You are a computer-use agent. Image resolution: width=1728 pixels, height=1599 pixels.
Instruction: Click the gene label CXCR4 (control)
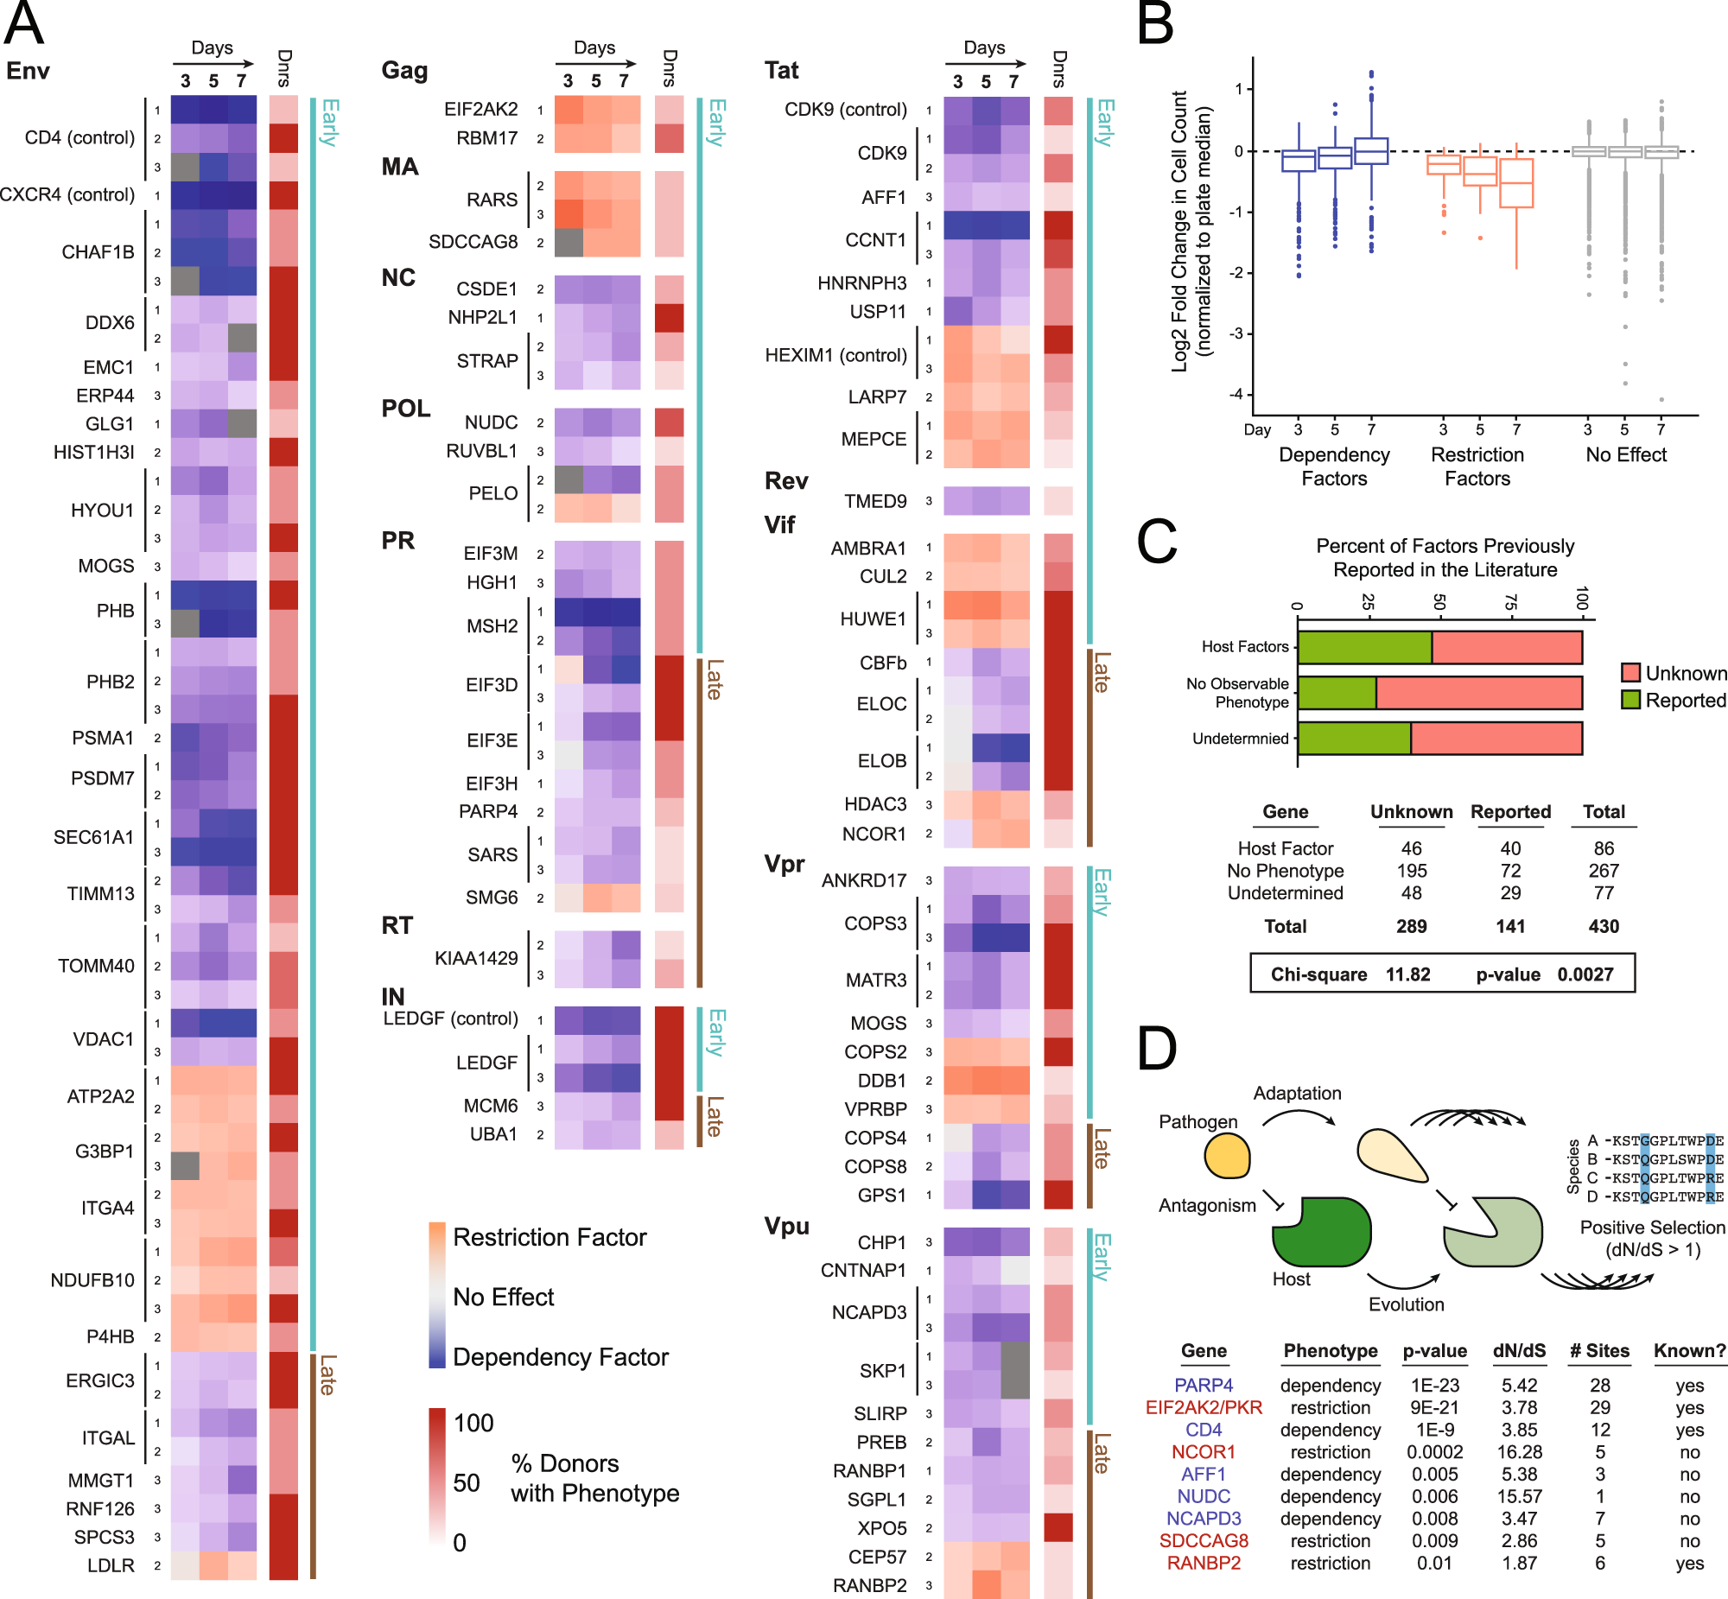(67, 194)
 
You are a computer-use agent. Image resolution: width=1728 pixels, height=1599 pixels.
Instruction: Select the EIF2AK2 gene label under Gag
(480, 110)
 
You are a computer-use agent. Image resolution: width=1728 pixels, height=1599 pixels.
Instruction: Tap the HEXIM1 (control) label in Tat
(835, 356)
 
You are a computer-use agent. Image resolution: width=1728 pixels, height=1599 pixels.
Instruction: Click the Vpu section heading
(785, 1226)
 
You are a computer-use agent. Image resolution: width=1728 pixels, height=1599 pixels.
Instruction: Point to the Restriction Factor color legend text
(550, 1237)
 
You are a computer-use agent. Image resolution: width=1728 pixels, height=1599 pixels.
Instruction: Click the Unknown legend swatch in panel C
(1630, 673)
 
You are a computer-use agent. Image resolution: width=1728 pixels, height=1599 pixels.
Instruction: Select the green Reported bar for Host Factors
(1364, 647)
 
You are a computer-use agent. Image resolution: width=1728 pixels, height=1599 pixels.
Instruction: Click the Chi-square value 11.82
(1407, 974)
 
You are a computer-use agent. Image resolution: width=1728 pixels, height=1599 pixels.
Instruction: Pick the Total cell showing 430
(1603, 927)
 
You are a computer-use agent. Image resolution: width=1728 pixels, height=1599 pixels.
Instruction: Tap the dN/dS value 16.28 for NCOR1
(1519, 1452)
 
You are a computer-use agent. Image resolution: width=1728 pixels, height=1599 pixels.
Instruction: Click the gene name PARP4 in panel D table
(1203, 1386)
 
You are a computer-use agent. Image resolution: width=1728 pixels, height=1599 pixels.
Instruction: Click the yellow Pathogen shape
(1226, 1157)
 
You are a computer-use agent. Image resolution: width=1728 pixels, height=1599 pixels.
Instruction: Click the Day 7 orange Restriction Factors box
(1516, 182)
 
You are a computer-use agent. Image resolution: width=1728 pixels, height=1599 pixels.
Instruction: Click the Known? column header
(1689, 1351)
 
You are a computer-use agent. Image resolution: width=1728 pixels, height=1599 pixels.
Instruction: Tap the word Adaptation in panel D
(1297, 1093)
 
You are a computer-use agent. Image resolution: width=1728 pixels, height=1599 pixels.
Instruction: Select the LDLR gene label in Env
(111, 1565)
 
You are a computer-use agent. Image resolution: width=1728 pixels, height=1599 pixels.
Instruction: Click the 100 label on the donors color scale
(473, 1424)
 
